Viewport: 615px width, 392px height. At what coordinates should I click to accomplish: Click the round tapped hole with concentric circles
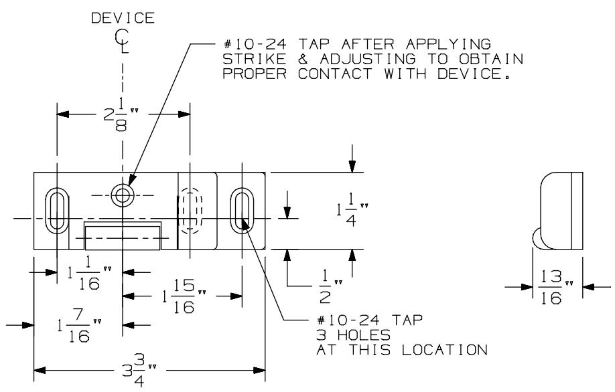click(x=122, y=195)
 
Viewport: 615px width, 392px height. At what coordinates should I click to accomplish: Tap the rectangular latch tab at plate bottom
click(x=122, y=236)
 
